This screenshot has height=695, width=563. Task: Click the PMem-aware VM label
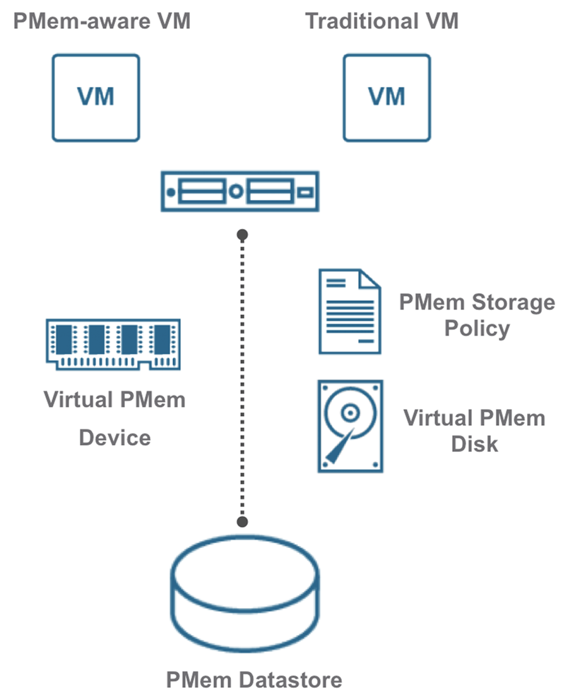[102, 21]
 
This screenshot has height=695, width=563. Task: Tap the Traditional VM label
[382, 21]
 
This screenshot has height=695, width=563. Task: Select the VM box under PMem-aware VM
[96, 97]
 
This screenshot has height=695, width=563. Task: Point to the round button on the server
[237, 191]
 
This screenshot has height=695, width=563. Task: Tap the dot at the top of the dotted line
[242, 233]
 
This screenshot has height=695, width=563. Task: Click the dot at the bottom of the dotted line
[242, 522]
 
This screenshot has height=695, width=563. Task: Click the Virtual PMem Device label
[114, 418]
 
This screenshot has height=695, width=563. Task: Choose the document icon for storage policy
[349, 311]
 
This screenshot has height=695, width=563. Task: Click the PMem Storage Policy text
[477, 315]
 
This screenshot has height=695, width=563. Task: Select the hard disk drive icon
[350, 425]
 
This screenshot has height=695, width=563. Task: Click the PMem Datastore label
[254, 680]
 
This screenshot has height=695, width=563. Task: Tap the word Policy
[477, 328]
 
